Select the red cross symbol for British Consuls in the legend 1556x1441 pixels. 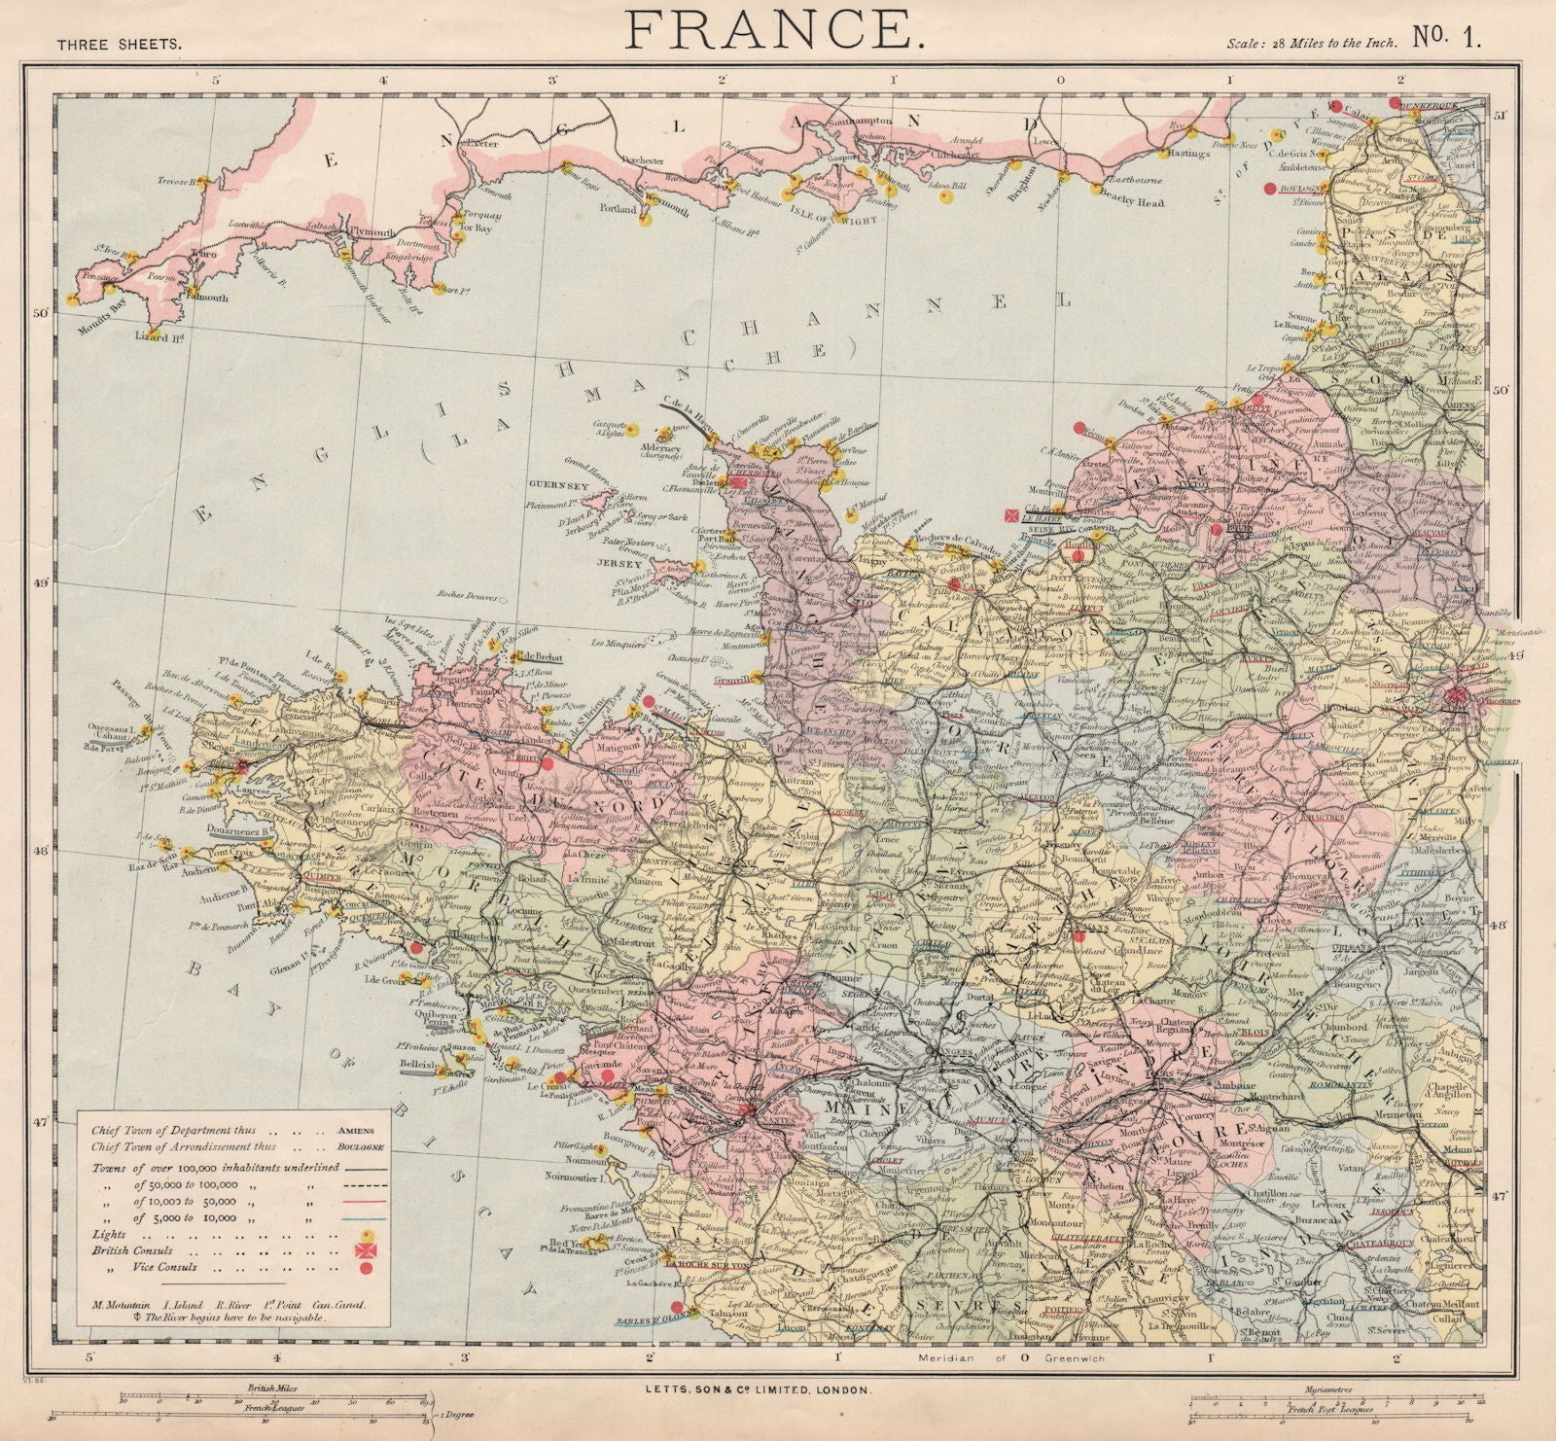pos(367,1249)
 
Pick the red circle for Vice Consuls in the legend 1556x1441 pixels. pos(367,1267)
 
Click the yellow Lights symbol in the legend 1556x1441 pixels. pos(367,1233)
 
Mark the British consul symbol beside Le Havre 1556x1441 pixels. pos(1012,516)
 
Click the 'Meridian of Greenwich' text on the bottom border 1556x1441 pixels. pos(1011,1358)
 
